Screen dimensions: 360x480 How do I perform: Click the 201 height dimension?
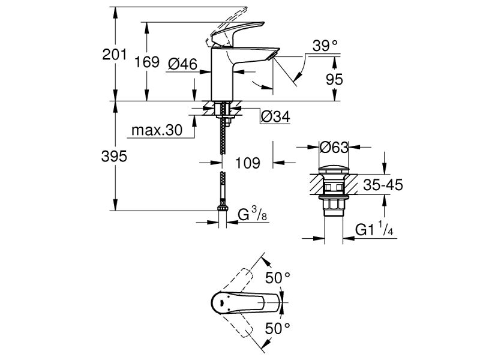tap(115, 55)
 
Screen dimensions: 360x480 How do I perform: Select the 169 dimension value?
tap(148, 62)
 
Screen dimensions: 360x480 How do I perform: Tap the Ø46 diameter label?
tap(183, 64)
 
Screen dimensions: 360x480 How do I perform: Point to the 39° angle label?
tap(325, 46)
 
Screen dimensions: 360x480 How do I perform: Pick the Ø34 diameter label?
tap(276, 118)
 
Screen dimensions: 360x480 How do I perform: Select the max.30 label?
tap(157, 131)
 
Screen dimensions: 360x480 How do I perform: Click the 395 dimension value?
tap(115, 157)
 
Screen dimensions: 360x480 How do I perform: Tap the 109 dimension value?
tap(248, 162)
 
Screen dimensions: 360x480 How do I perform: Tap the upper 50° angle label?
tap(278, 277)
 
